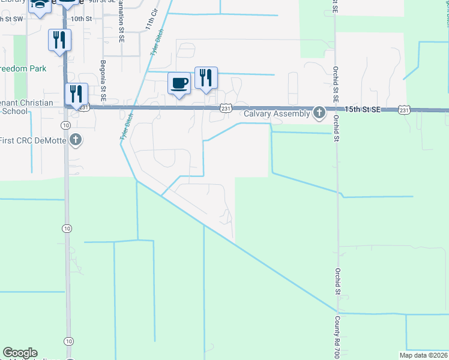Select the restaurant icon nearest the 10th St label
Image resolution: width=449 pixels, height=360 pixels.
pyautogui.click(x=60, y=40)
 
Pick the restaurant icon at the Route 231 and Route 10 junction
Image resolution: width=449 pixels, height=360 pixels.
pyautogui.click(x=76, y=94)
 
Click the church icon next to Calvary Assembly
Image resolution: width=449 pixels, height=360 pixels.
pyautogui.click(x=319, y=112)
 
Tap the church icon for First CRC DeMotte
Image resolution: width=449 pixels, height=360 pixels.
pyautogui.click(x=75, y=140)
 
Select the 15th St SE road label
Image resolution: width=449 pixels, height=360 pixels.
pyautogui.click(x=364, y=109)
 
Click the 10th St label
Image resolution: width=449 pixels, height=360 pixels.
pyautogui.click(x=81, y=19)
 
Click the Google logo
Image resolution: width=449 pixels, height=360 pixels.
pyautogui.click(x=20, y=353)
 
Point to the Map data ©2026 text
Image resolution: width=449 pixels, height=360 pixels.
pyautogui.click(x=424, y=355)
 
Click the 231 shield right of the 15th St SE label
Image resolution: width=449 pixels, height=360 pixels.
pyautogui.click(x=404, y=109)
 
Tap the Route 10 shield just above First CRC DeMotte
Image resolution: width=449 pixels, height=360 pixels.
pyautogui.click(x=66, y=124)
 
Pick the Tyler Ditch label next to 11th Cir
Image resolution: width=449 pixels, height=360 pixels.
pyautogui.click(x=158, y=44)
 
